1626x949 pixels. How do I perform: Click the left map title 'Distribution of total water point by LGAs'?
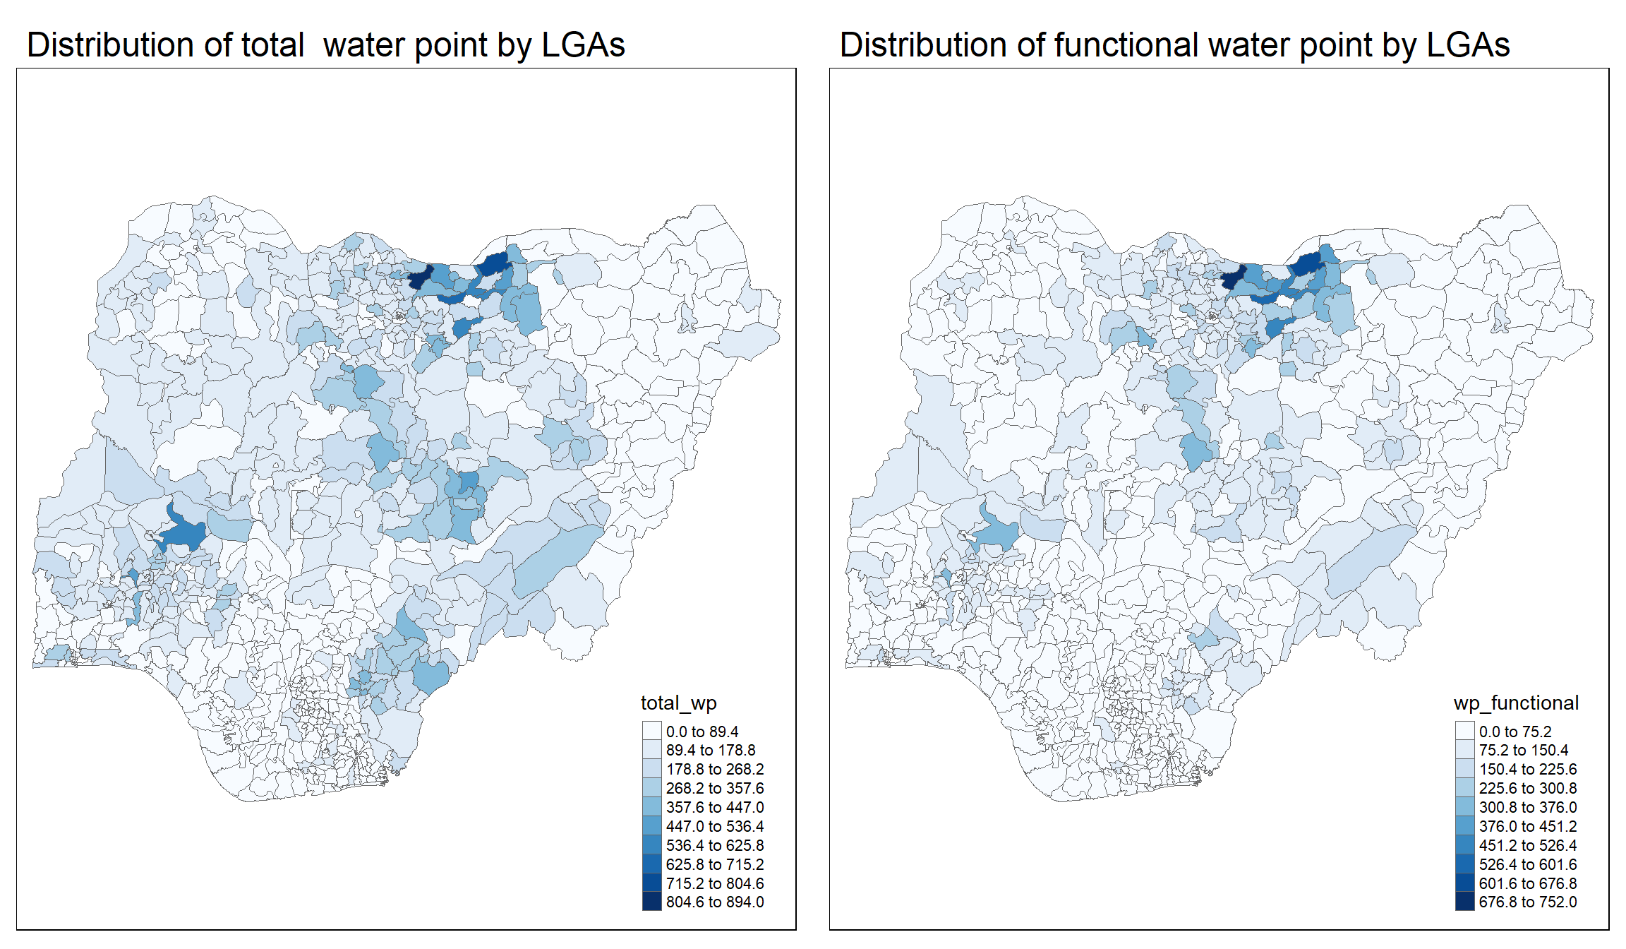[325, 45]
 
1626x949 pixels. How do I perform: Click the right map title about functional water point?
[1174, 45]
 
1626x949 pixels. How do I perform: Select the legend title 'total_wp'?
[678, 703]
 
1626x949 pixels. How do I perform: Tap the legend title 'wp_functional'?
[1516, 703]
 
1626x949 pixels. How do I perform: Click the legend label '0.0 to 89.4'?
[701, 732]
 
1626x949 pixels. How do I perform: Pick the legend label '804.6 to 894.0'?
[714, 902]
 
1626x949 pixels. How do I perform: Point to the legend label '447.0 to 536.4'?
[714, 826]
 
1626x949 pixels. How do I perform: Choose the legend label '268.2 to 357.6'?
[714, 788]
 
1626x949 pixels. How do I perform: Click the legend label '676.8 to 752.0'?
[1527, 902]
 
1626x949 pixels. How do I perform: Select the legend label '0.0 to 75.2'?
[1514, 732]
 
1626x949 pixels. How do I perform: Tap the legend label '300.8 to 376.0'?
[1527, 807]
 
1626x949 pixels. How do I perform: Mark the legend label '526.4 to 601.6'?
[1527, 864]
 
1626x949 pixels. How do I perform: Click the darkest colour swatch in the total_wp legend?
[651, 902]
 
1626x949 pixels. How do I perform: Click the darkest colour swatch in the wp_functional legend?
[1464, 902]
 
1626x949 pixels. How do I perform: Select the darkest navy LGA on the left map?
[419, 278]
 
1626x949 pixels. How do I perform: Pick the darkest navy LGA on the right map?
[1232, 278]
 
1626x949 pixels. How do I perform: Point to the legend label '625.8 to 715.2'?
[714, 864]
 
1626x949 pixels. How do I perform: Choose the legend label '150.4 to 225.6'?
[1527, 769]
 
